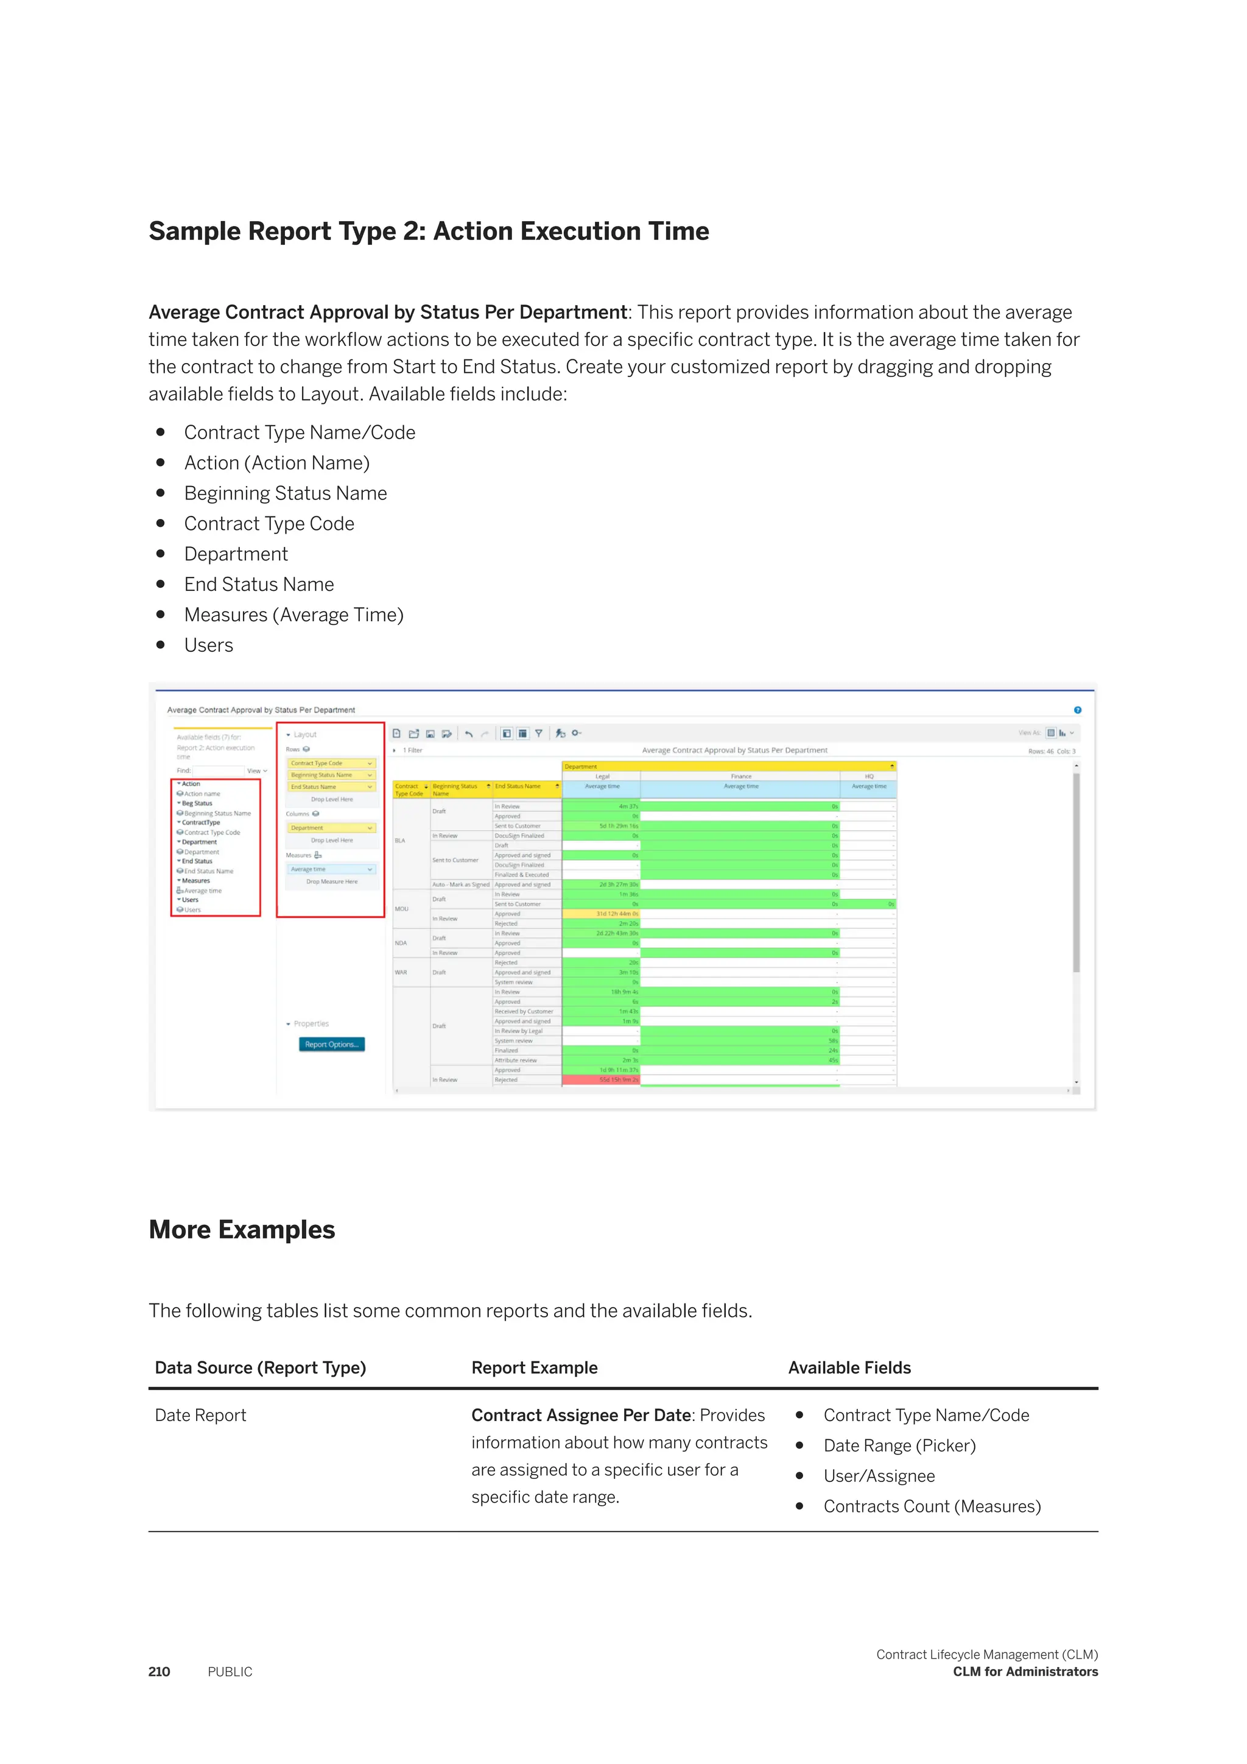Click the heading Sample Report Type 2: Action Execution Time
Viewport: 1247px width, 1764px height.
coord(429,231)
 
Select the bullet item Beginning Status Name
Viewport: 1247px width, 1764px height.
coord(285,493)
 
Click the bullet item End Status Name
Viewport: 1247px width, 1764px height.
coord(259,585)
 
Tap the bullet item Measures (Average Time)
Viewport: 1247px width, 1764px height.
coord(293,615)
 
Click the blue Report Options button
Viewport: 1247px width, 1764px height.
coord(331,1044)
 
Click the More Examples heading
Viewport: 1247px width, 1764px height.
coord(242,1230)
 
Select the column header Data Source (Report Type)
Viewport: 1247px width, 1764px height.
coord(261,1367)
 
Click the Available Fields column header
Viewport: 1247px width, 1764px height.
coord(849,1367)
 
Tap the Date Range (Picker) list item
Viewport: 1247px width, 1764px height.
coord(899,1446)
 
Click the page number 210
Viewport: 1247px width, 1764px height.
coord(159,1672)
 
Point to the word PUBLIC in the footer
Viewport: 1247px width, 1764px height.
coord(230,1672)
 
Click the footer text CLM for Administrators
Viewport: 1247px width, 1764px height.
coord(1025,1672)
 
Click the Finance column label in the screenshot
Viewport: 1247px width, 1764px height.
coord(741,776)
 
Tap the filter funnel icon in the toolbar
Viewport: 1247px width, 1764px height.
coord(539,734)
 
